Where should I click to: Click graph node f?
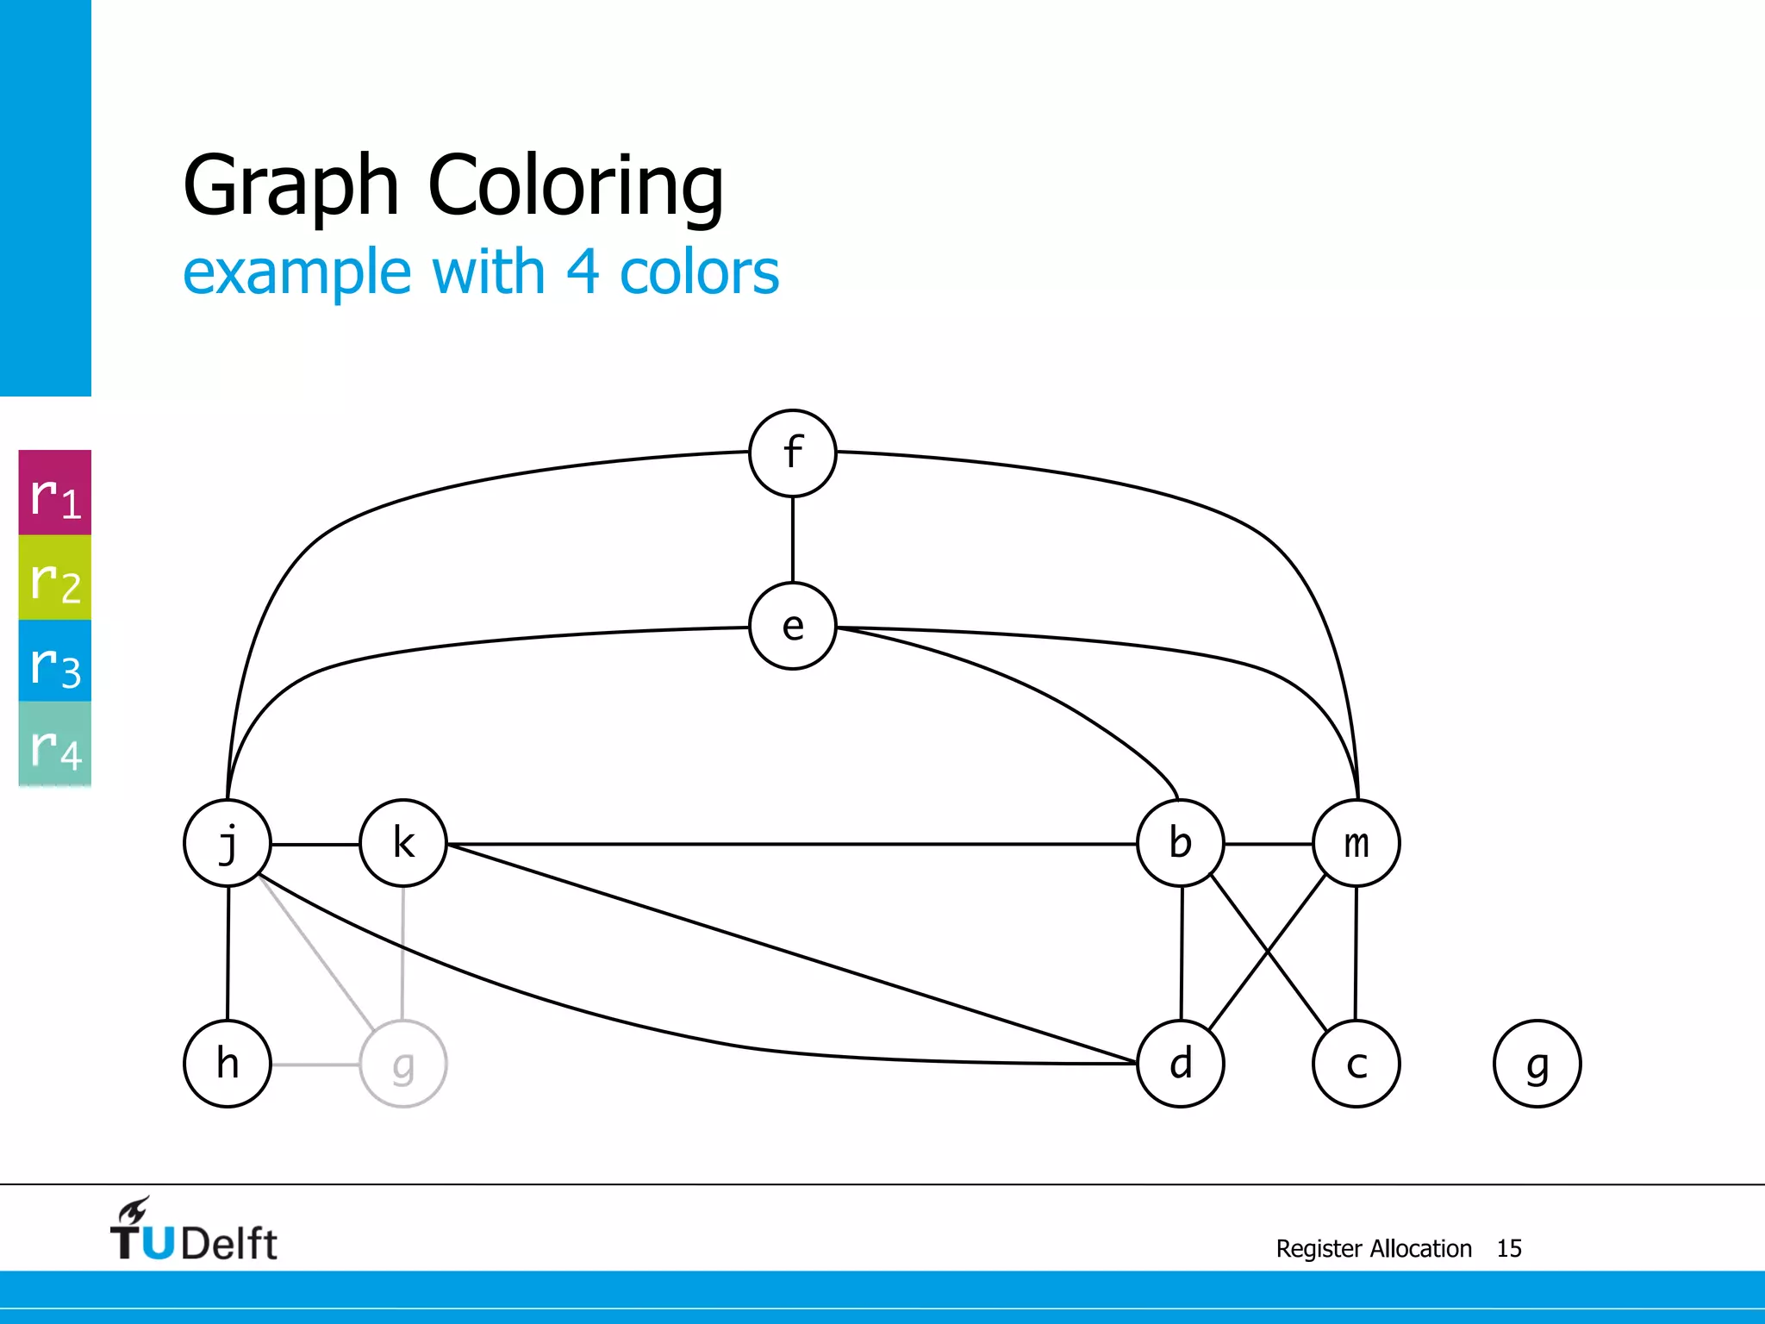(x=792, y=453)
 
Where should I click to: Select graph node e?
(x=792, y=627)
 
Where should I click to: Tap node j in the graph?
(x=228, y=843)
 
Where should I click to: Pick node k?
(x=403, y=843)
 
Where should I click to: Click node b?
(x=1181, y=843)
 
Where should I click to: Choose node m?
(x=1356, y=843)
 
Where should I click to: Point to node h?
(x=228, y=1064)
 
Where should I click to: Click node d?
(x=1181, y=1064)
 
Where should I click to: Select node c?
(x=1356, y=1064)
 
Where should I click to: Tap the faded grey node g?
(x=403, y=1064)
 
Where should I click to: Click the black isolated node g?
(x=1537, y=1064)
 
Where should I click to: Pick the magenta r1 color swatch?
(x=55, y=493)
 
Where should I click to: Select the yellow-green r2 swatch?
(x=55, y=578)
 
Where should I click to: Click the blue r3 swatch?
(x=55, y=661)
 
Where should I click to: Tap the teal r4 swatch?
(x=55, y=744)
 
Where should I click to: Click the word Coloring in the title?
(x=576, y=185)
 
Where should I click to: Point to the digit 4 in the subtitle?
(x=583, y=272)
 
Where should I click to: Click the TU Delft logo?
(x=193, y=1231)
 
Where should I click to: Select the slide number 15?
(x=1509, y=1249)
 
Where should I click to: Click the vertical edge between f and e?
(x=793, y=540)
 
